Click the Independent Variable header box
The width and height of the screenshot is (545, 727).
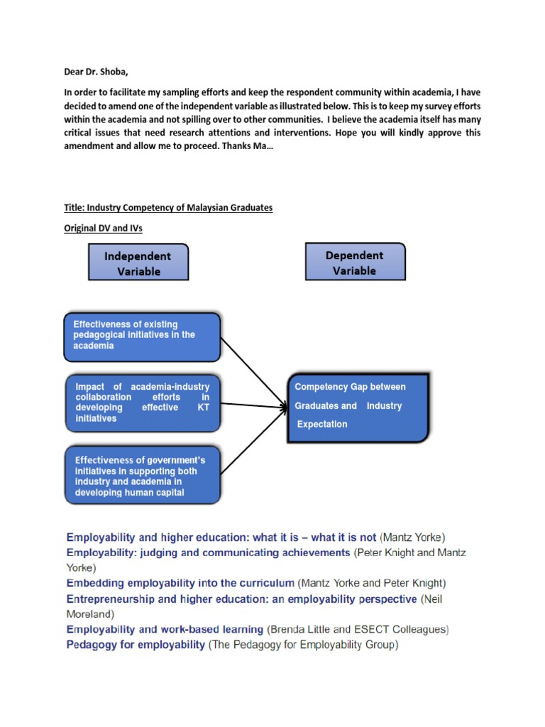click(x=138, y=263)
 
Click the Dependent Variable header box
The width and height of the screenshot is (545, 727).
click(x=355, y=262)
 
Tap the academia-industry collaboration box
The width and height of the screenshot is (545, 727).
click(x=142, y=403)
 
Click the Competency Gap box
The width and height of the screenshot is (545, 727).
click(x=359, y=406)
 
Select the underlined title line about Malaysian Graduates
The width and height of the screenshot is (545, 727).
click(x=168, y=207)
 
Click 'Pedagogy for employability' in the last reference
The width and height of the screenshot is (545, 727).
click(x=135, y=645)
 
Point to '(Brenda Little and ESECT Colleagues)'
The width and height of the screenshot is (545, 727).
click(x=358, y=630)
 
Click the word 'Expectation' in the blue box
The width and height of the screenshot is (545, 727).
click(x=322, y=425)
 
